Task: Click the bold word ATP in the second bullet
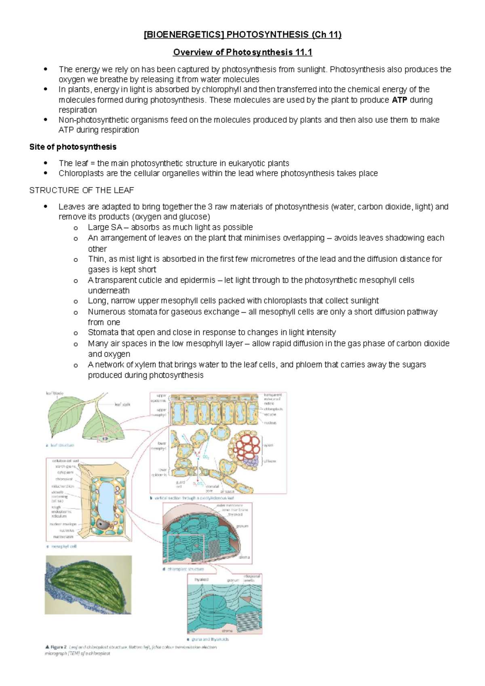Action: pos(399,100)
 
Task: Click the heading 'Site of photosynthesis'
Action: pos(73,147)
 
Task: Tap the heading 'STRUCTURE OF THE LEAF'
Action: pos(81,190)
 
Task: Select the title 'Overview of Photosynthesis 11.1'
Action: pos(242,53)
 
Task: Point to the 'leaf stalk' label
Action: pos(122,404)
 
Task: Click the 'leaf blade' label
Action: pos(55,393)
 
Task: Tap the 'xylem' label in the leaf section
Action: pos(269,445)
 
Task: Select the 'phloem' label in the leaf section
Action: pos(270,461)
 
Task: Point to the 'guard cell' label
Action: pos(180,484)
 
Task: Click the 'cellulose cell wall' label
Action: pos(65,461)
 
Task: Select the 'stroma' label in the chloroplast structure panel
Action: pos(244,557)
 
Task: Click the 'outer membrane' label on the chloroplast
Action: pos(230,505)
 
